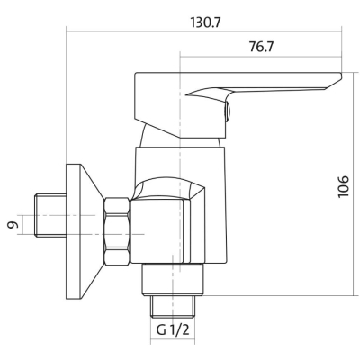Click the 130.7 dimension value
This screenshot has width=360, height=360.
pyautogui.click(x=206, y=22)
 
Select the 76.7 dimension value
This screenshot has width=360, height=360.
pyautogui.click(x=261, y=47)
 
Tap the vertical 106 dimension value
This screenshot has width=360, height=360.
pyautogui.click(x=344, y=186)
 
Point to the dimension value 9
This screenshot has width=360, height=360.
pyautogui.click(x=12, y=225)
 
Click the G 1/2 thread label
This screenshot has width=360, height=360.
pyautogui.click(x=173, y=330)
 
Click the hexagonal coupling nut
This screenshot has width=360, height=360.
pyautogui.click(x=117, y=231)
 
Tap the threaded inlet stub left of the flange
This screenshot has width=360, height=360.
pyautogui.click(x=50, y=215)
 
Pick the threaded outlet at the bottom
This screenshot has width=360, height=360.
pyautogui.click(x=173, y=306)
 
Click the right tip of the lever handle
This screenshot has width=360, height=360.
pyautogui.click(x=341, y=76)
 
